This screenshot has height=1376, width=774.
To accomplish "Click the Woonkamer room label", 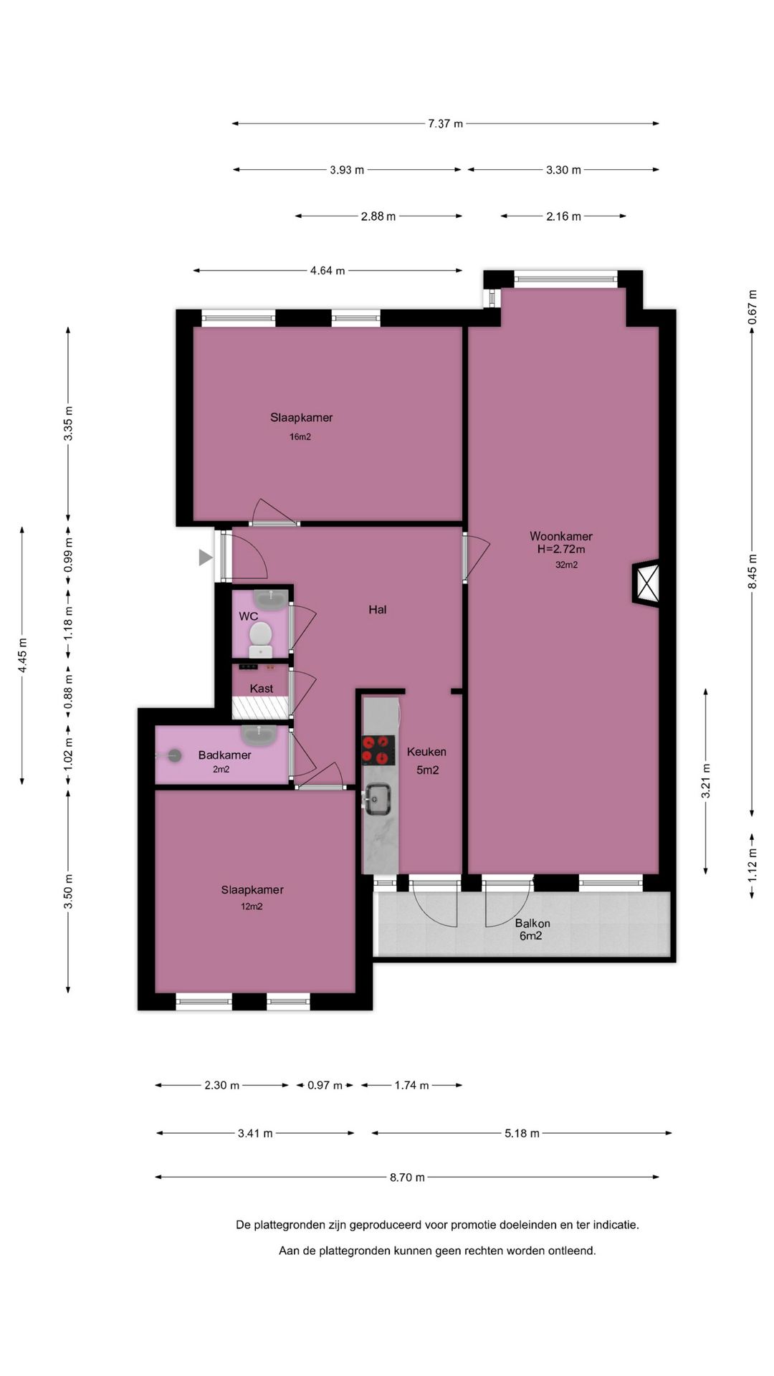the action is (561, 536).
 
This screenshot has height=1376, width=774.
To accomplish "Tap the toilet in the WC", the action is (260, 639).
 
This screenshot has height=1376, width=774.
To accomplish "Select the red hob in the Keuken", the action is (378, 750).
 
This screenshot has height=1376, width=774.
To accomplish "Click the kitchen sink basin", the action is (377, 798).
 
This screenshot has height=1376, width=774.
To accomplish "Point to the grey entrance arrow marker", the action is (206, 557).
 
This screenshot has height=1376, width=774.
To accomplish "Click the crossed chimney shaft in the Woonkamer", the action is (648, 582).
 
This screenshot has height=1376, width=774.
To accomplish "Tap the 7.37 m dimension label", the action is (446, 123).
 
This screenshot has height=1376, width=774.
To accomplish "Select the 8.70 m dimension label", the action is (407, 1177).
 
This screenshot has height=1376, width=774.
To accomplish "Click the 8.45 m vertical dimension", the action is (752, 572).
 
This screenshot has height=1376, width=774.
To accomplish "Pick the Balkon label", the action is (532, 923).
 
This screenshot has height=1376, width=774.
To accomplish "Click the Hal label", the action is (378, 609).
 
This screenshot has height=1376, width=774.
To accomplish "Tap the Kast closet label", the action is (262, 688).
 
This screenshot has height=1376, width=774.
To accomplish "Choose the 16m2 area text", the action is (300, 436).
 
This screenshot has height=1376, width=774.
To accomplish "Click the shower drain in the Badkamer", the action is (174, 755).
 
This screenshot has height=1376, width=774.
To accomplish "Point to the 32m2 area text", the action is (566, 565).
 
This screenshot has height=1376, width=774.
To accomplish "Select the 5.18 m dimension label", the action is (522, 1133).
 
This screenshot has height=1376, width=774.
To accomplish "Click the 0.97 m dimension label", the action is (325, 1085).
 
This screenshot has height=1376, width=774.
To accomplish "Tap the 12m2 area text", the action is (252, 906).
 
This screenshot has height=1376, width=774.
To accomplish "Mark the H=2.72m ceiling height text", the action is (561, 550).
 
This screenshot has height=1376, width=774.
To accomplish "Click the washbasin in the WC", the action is (271, 596).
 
